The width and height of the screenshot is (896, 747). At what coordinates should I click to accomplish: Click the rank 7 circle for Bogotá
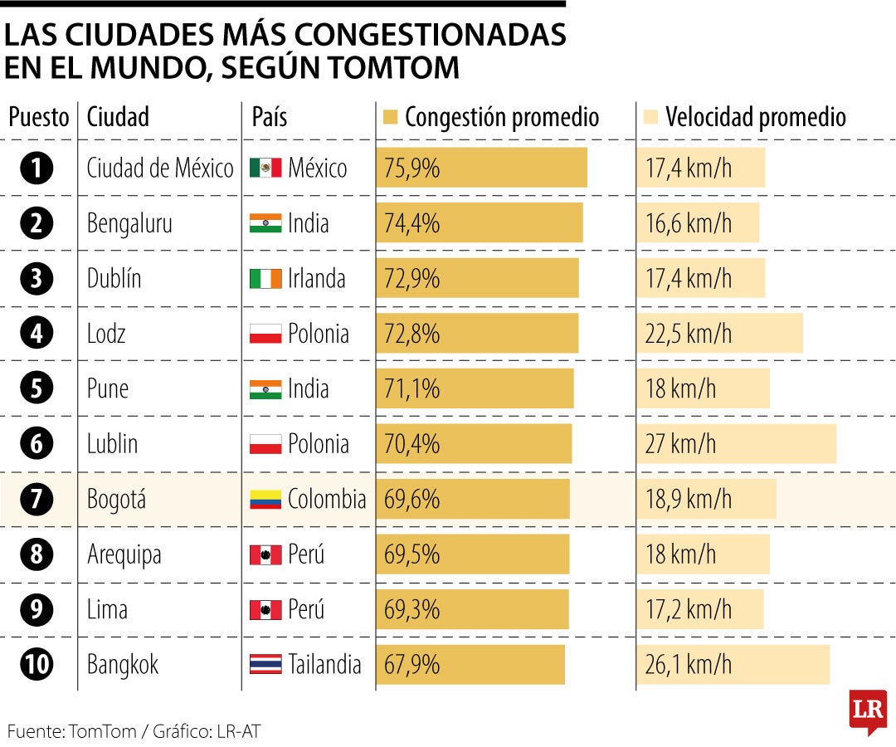(x=37, y=499)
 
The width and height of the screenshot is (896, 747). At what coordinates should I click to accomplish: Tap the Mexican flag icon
(x=265, y=168)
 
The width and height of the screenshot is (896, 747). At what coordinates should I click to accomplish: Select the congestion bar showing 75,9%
(x=481, y=168)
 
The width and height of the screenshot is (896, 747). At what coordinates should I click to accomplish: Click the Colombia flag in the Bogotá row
(x=265, y=500)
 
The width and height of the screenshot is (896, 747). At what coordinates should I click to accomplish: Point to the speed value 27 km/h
(x=680, y=444)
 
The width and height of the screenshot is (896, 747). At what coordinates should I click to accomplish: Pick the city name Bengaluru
(x=129, y=223)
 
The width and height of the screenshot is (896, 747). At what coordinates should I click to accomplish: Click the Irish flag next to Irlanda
(x=265, y=279)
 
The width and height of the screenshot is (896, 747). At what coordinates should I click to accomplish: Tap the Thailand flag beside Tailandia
(x=265, y=665)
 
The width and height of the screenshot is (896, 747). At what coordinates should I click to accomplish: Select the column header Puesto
(x=38, y=117)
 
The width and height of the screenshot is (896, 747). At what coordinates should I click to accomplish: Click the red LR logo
(x=868, y=710)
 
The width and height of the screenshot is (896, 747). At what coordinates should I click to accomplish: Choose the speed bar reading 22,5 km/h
(x=719, y=334)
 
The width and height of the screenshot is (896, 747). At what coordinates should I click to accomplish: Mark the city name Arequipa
(x=124, y=554)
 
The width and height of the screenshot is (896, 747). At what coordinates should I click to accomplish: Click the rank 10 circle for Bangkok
(x=37, y=665)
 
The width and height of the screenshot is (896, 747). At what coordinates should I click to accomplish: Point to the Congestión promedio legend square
(x=392, y=117)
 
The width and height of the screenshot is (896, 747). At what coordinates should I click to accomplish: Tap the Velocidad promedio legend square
(x=651, y=117)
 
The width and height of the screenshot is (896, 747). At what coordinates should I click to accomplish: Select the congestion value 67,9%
(x=411, y=665)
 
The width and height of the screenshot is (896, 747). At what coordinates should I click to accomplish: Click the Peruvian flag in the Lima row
(x=265, y=610)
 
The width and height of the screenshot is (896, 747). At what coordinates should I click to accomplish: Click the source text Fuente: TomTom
(x=66, y=731)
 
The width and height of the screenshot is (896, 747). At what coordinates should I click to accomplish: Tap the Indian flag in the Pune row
(x=265, y=389)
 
